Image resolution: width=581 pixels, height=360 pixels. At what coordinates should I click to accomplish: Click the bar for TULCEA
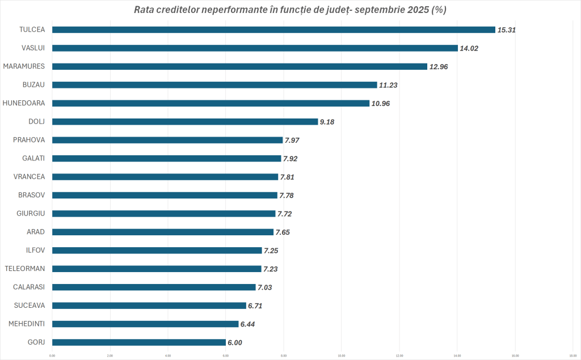pos(273,29)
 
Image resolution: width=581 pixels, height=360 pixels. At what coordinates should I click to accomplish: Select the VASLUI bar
pos(255,48)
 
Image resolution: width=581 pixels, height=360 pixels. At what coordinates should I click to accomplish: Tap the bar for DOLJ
pos(185,121)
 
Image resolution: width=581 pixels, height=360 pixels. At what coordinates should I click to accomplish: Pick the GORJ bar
pos(139,342)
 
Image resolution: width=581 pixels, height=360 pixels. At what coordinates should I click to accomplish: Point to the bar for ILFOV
pos(157,251)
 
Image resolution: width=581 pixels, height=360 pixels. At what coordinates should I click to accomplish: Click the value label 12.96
pos(439,66)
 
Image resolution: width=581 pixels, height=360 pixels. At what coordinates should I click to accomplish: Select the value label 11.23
pos(389,85)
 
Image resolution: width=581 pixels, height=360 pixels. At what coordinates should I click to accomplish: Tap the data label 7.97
pos(294,140)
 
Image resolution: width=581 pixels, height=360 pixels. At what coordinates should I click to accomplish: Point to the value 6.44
pos(250,324)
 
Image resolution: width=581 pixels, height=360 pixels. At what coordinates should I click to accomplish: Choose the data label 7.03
pos(265,287)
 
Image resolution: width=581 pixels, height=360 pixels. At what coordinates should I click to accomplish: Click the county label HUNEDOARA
pos(24,103)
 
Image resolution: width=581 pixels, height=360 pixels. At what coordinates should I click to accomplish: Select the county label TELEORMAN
pos(25,269)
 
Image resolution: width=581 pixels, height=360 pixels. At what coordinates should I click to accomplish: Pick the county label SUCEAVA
pos(30,306)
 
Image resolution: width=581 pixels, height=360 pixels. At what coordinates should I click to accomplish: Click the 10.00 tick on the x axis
pos(342,356)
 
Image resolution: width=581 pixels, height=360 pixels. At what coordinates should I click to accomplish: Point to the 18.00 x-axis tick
pos(572,356)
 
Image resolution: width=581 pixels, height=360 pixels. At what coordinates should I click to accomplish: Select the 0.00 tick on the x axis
pos(52,356)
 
